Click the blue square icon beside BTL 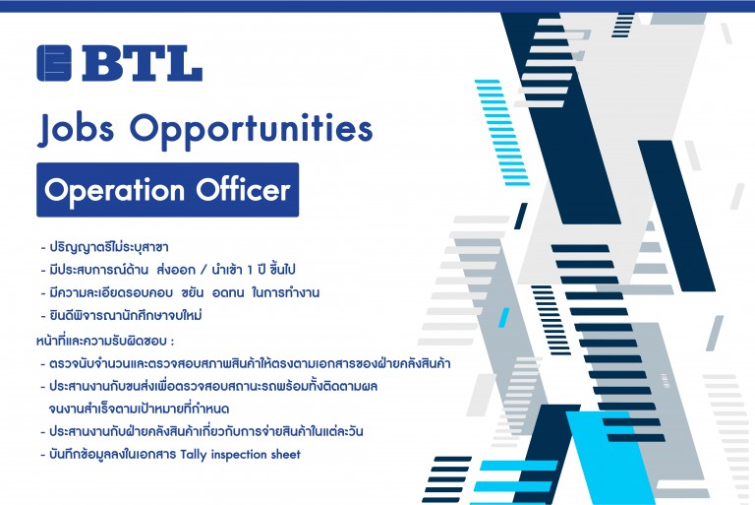[54, 63]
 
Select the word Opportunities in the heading [251, 130]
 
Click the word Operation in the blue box [114, 190]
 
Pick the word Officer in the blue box [243, 189]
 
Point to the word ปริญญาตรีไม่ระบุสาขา [109, 247]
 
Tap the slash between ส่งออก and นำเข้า [203, 270]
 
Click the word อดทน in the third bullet [228, 293]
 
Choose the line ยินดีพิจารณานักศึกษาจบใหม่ [126, 315]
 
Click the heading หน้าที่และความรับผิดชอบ [105, 341]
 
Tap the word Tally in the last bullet [194, 455]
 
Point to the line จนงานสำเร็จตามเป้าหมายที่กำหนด [139, 409]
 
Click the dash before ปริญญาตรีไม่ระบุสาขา [43, 248]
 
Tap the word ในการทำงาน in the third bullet [286, 292]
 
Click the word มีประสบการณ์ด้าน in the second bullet [99, 270]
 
